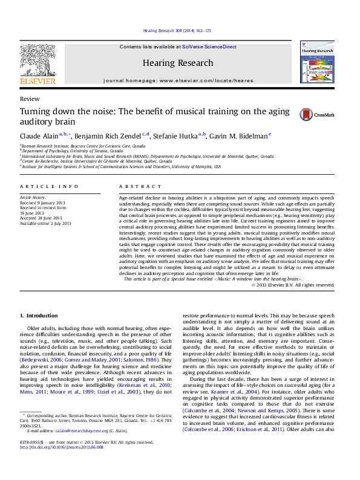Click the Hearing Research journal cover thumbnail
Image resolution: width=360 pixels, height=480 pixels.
pyautogui.click(x=317, y=63)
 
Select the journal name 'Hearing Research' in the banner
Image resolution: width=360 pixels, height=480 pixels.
pyautogui.click(x=178, y=63)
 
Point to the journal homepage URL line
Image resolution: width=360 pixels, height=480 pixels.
pyautogui.click(x=178, y=80)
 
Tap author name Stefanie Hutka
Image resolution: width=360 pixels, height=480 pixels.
pyautogui.click(x=175, y=135)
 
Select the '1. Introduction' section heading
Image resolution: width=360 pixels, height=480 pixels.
pyautogui.click(x=39, y=316)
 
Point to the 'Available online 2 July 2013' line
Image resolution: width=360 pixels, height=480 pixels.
pyautogui.click(x=45, y=224)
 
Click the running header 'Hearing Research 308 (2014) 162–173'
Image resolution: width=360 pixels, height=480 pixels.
pyautogui.click(x=177, y=31)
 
